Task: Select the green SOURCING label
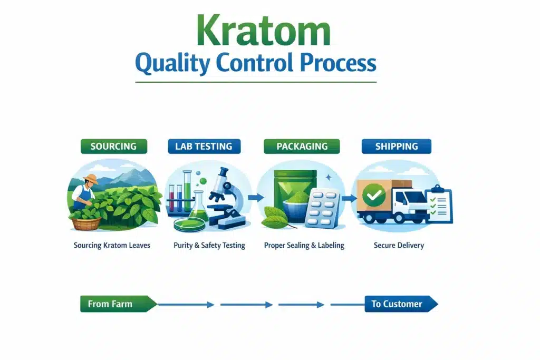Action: (113, 147)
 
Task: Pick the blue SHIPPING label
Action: (396, 147)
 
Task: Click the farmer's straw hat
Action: (90, 179)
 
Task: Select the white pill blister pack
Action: (323, 209)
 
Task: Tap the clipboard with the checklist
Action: (439, 204)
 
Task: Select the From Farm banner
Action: (117, 304)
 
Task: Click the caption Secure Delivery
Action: (398, 245)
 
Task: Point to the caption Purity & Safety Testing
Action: (209, 245)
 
